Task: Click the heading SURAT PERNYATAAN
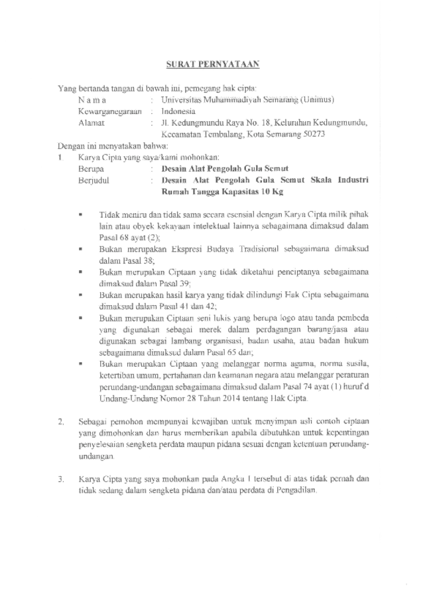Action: pos(212,64)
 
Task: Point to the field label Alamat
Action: pos(91,123)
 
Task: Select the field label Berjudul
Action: pos(95,180)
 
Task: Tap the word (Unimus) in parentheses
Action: pos(319,100)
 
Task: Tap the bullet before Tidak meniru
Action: pos(80,215)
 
